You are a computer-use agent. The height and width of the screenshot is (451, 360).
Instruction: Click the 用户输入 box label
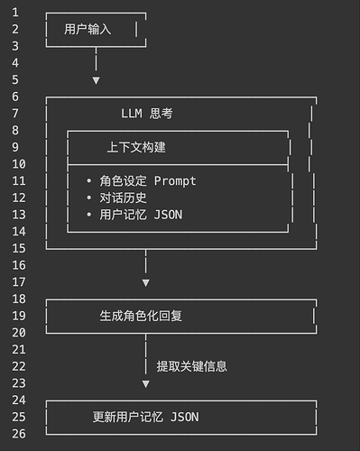click(88, 29)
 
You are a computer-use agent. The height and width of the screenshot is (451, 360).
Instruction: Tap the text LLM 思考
click(146, 114)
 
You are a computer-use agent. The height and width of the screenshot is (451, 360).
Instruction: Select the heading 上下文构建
click(136, 147)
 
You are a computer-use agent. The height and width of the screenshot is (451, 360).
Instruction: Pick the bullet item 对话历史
click(123, 198)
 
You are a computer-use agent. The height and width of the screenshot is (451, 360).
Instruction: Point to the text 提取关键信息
click(191, 366)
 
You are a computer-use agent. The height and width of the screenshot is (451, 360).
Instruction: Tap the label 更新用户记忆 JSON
click(145, 417)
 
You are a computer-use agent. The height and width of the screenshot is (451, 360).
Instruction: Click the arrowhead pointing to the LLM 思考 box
click(96, 80)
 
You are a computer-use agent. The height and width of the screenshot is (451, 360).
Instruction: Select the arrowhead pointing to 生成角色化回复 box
click(145, 282)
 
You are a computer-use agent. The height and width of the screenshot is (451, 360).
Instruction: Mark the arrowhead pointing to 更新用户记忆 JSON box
click(145, 383)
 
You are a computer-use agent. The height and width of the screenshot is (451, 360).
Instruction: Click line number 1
click(15, 13)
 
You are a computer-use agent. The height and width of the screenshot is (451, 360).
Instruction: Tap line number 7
click(15, 114)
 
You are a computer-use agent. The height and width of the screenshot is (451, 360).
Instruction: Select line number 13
click(15, 215)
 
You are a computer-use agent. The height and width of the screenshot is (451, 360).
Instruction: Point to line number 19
click(15, 316)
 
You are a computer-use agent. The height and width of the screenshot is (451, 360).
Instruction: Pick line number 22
click(15, 366)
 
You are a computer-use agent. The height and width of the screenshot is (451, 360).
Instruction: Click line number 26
click(15, 434)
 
